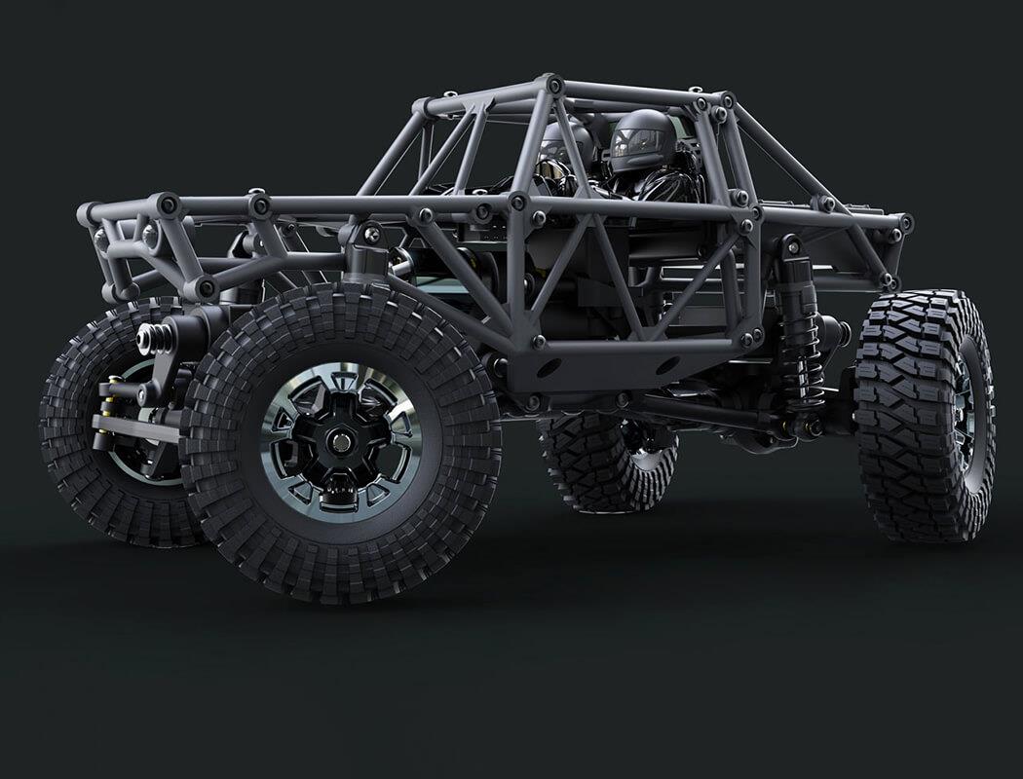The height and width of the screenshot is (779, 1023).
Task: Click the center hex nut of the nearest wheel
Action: pos(341,441)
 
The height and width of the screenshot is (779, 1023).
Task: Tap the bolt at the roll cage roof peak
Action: pos(554,85)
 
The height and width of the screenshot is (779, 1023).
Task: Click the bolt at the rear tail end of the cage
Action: pos(905,222)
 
